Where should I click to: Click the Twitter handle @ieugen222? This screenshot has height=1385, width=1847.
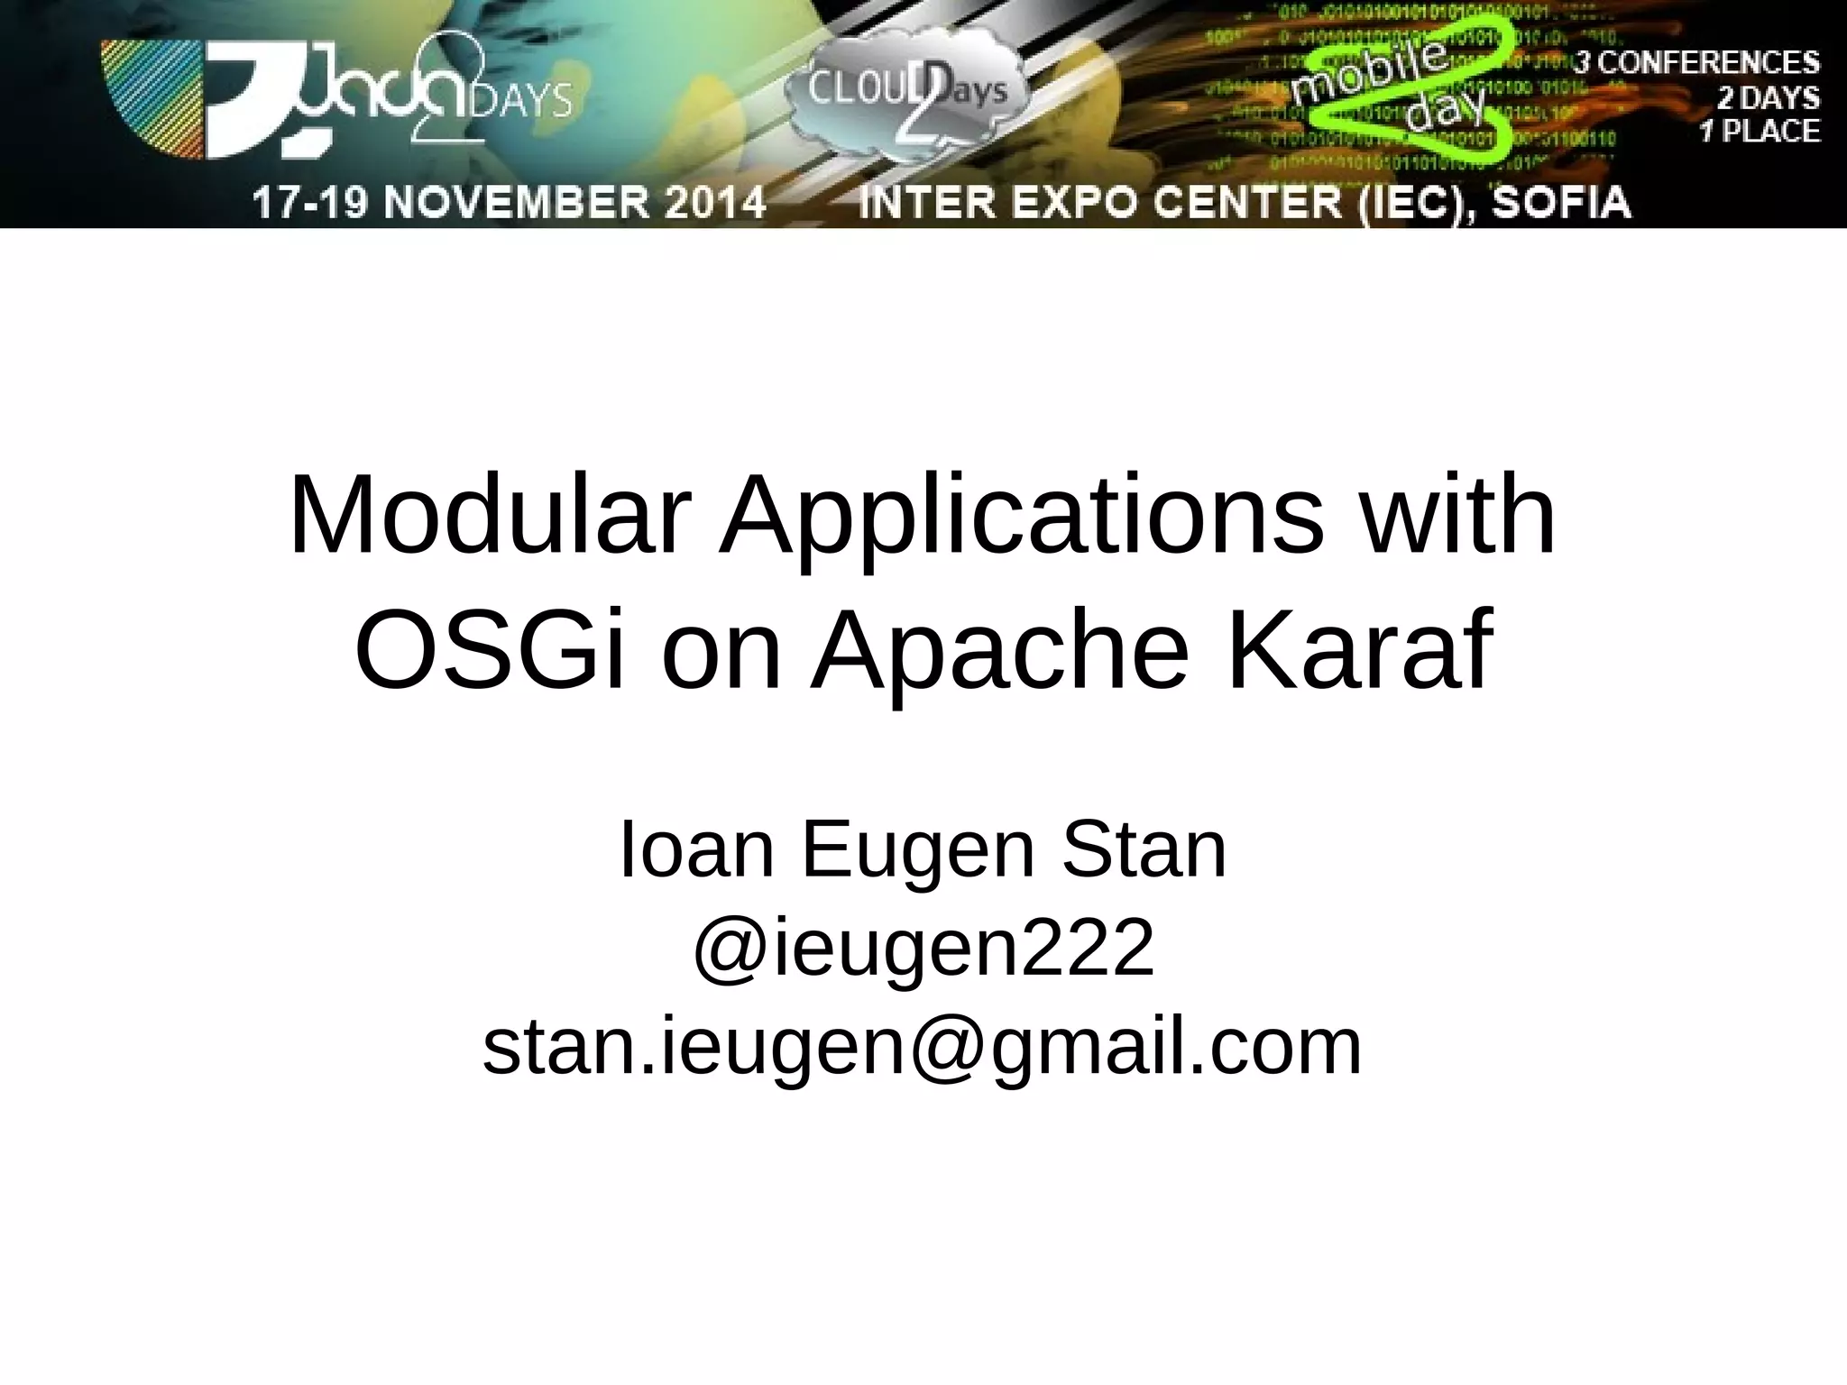click(x=923, y=949)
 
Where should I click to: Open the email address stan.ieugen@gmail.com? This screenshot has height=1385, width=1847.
click(x=923, y=1048)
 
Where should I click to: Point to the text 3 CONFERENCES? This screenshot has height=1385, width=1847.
click(x=1696, y=63)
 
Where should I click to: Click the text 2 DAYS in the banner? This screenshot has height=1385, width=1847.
click(x=1768, y=97)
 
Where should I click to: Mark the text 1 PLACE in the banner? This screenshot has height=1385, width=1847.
click(x=1760, y=132)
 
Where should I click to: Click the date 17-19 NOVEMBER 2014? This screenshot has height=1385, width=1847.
click(x=510, y=202)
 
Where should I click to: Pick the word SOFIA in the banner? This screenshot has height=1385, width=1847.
click(x=1561, y=202)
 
